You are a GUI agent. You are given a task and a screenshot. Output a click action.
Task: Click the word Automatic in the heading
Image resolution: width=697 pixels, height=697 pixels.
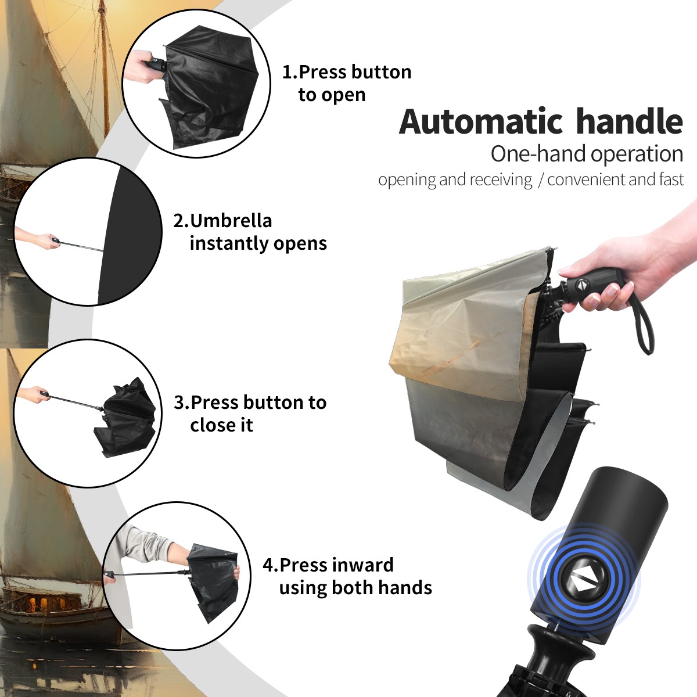pyautogui.click(x=481, y=122)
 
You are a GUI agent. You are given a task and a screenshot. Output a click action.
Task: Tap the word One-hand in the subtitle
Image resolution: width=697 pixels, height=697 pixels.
pyautogui.click(x=539, y=154)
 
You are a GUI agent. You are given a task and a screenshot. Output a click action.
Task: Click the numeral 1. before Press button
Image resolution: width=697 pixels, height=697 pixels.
pyautogui.click(x=290, y=72)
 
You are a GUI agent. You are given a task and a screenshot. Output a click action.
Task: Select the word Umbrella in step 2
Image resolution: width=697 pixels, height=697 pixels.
pyautogui.click(x=231, y=221)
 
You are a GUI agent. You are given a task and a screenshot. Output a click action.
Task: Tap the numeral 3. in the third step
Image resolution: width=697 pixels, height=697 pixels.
pyautogui.click(x=182, y=403)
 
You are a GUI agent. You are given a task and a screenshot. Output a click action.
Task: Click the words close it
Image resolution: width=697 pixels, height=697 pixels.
pyautogui.click(x=221, y=425)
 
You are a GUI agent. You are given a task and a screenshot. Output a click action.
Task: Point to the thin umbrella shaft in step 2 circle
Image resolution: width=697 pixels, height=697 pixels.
pyautogui.click(x=81, y=246)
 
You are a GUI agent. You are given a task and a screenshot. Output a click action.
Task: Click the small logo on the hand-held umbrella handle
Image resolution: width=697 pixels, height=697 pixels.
pyautogui.click(x=581, y=284)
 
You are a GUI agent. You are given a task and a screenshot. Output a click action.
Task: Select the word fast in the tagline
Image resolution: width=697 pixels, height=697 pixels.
pyautogui.click(x=671, y=179)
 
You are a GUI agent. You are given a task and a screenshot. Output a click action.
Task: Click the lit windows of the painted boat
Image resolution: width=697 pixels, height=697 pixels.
pyautogui.click(x=38, y=603)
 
